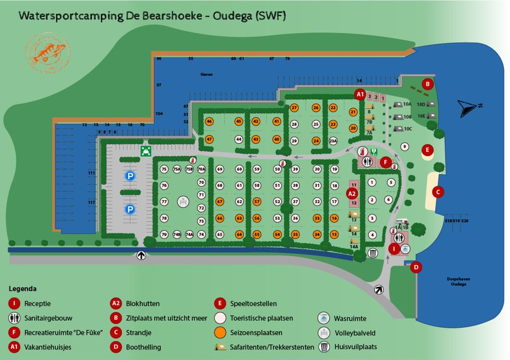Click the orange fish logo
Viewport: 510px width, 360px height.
pyautogui.click(x=47, y=52)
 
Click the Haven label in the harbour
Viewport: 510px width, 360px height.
pyautogui.click(x=207, y=74)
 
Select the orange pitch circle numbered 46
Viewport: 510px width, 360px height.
pyautogui.click(x=209, y=122)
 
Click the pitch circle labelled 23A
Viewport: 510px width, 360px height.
pyautogui.click(x=333, y=141)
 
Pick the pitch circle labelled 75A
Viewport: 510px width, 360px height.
pyautogui.click(x=177, y=169)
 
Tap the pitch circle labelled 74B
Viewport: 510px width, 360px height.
pyautogui.click(x=177, y=234)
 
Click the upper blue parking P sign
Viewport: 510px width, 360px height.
pyautogui.click(x=130, y=175)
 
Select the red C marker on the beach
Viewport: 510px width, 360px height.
pyautogui.click(x=438, y=191)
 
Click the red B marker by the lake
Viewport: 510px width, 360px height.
pyautogui.click(x=427, y=83)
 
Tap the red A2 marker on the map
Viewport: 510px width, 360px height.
pyautogui.click(x=352, y=194)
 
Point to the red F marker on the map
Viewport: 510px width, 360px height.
pyautogui.click(x=386, y=162)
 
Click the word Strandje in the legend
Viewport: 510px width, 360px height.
pyautogui.click(x=139, y=333)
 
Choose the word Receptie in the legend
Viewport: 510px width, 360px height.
pyautogui.click(x=38, y=304)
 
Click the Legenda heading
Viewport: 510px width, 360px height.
pyautogui.click(x=23, y=289)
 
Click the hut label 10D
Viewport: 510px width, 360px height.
pyautogui.click(x=421, y=105)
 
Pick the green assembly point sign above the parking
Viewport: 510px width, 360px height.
pyautogui.click(x=144, y=151)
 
